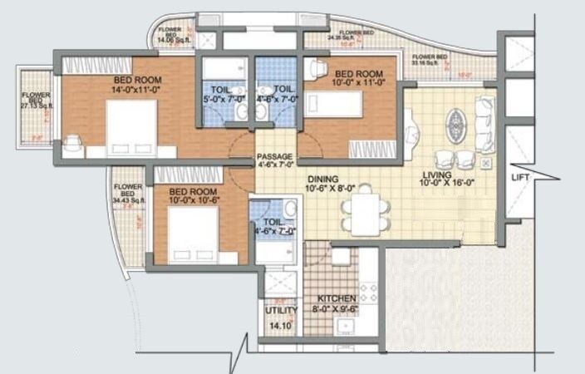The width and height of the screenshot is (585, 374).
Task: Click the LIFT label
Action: click(x=520, y=178)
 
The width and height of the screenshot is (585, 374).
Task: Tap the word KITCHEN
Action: click(x=337, y=298)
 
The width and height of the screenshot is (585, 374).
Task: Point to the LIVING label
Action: click(x=436, y=176)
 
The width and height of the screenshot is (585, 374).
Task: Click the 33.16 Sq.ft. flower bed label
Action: click(x=430, y=60)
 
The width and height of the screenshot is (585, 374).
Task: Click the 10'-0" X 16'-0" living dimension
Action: click(x=449, y=185)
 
